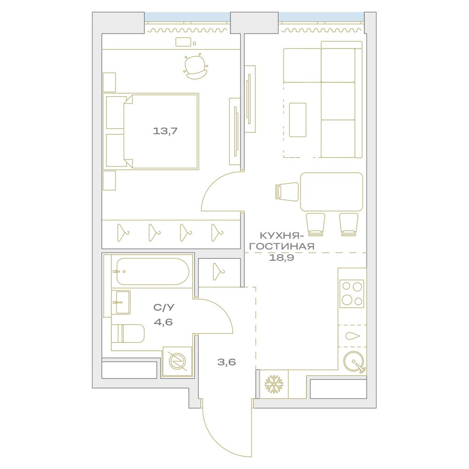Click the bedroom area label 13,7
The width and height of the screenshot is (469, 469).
tap(165, 131)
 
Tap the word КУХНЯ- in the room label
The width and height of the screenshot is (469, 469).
tap(280, 236)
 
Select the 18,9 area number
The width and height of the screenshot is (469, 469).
tap(281, 257)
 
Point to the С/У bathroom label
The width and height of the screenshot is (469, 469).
tap(164, 307)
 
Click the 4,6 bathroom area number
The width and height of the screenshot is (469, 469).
tap(163, 322)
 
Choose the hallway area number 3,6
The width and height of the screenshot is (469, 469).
tap(227, 362)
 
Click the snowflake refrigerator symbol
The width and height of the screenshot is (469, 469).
tap(274, 385)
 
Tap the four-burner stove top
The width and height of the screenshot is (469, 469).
tap(352, 294)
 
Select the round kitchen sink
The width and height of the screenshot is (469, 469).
tap(354, 362)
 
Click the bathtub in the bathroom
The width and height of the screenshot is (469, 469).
tap(152, 272)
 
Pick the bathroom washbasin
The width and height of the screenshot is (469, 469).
tap(121, 303)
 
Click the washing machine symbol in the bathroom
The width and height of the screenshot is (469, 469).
tap(177, 361)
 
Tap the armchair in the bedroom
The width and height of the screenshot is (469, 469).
tap(196, 67)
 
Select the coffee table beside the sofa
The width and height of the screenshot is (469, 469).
tap(298, 120)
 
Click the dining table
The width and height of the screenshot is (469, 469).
tap(332, 192)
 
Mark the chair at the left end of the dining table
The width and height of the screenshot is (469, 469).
tap(287, 192)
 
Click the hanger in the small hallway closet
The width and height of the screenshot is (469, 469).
tap(219, 272)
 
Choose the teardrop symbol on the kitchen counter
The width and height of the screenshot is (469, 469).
tap(353, 336)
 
